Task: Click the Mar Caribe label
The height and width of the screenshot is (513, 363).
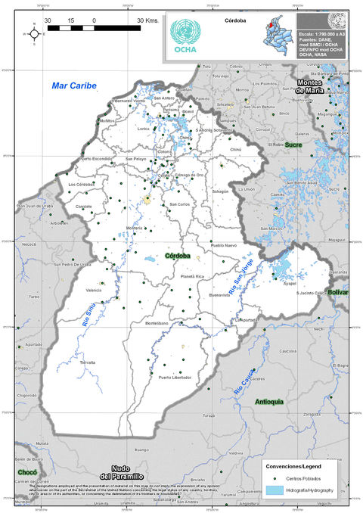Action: [74, 86]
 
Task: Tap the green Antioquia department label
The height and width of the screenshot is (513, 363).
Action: [270, 401]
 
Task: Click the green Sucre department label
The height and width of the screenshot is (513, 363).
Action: [293, 144]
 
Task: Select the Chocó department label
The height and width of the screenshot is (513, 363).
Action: [27, 472]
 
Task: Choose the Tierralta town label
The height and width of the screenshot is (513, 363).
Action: [88, 362]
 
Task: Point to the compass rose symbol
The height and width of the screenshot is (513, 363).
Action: [33, 33]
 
